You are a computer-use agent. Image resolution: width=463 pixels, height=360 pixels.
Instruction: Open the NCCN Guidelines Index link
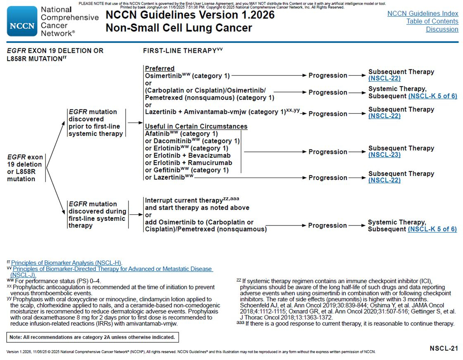[x=423, y=14]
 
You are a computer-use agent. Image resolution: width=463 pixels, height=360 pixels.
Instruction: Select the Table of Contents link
[x=432, y=21]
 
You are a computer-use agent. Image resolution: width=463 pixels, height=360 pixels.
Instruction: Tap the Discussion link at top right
[x=442, y=29]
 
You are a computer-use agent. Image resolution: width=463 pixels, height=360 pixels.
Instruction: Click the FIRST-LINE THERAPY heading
[x=180, y=51]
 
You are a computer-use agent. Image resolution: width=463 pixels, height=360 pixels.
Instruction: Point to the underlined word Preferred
[x=159, y=69]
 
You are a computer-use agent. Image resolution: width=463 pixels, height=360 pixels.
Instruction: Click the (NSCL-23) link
[x=384, y=155]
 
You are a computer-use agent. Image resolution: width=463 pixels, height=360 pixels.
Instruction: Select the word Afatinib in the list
[x=156, y=134]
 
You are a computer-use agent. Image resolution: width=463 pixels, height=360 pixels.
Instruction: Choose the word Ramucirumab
[x=210, y=163]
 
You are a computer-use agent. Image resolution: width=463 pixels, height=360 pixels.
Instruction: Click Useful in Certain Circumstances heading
[x=196, y=126]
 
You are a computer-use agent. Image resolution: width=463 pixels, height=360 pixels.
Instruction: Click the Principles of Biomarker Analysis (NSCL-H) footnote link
[x=66, y=263]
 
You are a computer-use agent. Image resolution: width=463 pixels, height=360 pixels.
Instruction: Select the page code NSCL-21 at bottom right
[x=444, y=348]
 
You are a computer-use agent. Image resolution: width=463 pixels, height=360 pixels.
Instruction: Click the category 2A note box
[x=93, y=337]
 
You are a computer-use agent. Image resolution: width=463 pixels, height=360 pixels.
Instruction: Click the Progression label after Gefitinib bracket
[x=328, y=152]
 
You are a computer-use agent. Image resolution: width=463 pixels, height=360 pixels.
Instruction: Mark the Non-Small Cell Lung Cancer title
[x=178, y=28]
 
